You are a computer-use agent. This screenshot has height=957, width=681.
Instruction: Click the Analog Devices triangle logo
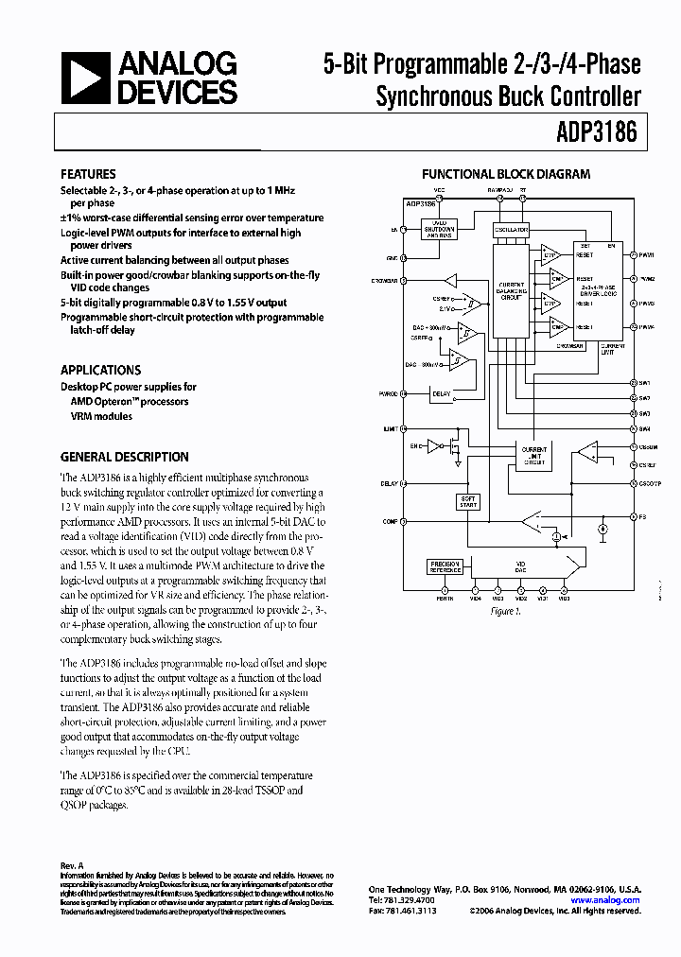[x=84, y=78]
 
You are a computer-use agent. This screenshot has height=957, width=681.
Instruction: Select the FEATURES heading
[x=88, y=174]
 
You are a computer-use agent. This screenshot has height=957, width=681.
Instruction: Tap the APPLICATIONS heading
[x=100, y=370]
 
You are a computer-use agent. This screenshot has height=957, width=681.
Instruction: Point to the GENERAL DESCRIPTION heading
[x=124, y=456]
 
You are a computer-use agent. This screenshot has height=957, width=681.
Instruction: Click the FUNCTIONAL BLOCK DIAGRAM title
[x=505, y=174]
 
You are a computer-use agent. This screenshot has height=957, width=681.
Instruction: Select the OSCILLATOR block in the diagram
[x=511, y=230]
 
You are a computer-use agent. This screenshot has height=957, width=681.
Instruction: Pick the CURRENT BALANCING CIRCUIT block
[x=511, y=290]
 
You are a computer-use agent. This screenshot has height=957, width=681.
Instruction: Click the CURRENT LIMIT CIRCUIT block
[x=534, y=455]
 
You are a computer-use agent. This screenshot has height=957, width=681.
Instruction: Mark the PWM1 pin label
[x=647, y=255]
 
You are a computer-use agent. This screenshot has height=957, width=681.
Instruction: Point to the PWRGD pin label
[x=388, y=393]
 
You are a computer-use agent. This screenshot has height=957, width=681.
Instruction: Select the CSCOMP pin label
[x=650, y=482]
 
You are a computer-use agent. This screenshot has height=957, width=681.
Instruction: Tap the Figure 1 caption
[x=506, y=611]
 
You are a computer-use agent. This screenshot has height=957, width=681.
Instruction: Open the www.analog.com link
[x=605, y=900]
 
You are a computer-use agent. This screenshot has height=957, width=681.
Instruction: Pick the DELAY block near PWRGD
[x=441, y=393]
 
